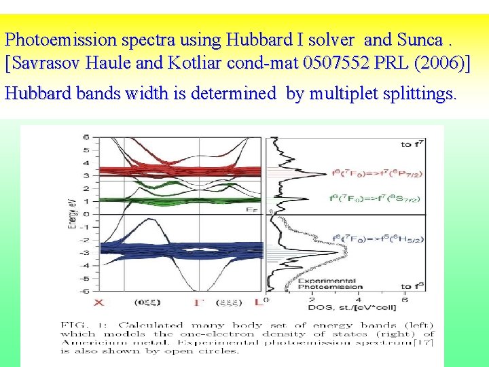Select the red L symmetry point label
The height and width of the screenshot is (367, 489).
[258, 302]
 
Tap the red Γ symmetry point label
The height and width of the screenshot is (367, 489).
[198, 302]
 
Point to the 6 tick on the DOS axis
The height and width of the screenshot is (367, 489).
[405, 300]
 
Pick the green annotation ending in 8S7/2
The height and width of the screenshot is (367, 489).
[376, 198]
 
